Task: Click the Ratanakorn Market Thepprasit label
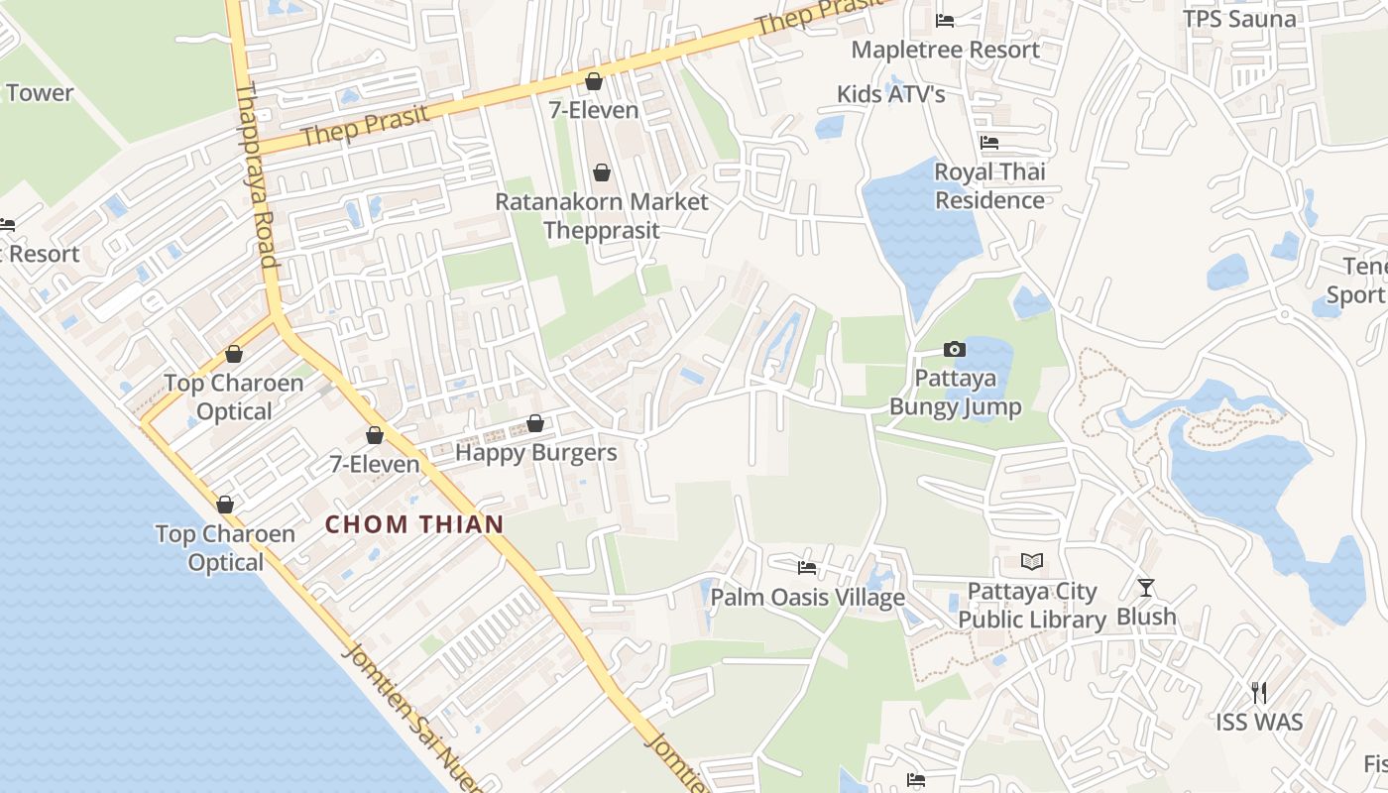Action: pyautogui.click(x=601, y=216)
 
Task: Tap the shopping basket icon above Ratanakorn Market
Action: pyautogui.click(x=601, y=173)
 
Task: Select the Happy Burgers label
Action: pyautogui.click(x=535, y=453)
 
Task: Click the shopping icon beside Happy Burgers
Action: pyautogui.click(x=535, y=424)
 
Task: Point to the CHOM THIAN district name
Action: pyautogui.click(x=414, y=524)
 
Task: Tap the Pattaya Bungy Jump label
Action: pyautogui.click(x=955, y=393)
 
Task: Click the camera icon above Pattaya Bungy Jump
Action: pyautogui.click(x=955, y=349)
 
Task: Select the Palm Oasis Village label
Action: pyautogui.click(x=807, y=597)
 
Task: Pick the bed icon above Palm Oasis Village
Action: pyautogui.click(x=807, y=568)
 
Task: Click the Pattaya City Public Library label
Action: pyautogui.click(x=1032, y=606)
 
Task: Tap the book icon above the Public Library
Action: pyautogui.click(x=1032, y=562)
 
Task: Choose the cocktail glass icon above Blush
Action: pyautogui.click(x=1146, y=588)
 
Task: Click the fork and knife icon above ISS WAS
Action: pyautogui.click(x=1259, y=692)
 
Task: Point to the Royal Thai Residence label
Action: pyautogui.click(x=989, y=186)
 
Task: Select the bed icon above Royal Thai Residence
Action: pyautogui.click(x=989, y=143)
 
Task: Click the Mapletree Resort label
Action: pyautogui.click(x=945, y=50)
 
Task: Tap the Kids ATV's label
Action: pyautogui.click(x=890, y=94)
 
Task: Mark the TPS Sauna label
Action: pyautogui.click(x=1239, y=19)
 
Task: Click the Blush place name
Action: pyautogui.click(x=1146, y=617)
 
